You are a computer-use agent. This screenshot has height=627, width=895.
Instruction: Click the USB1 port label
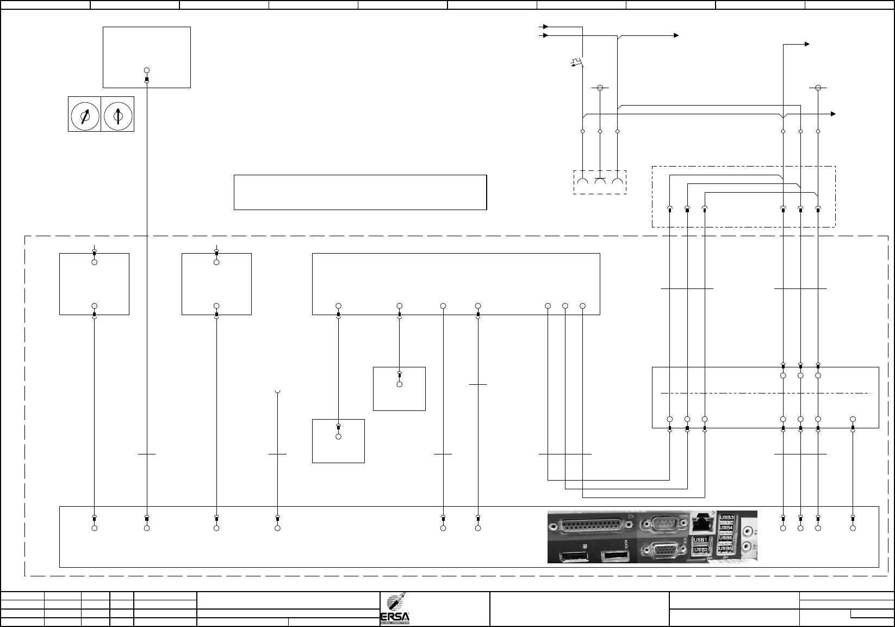point(700,540)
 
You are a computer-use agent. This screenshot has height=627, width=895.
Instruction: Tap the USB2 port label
point(700,550)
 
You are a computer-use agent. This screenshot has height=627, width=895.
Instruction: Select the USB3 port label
point(727,518)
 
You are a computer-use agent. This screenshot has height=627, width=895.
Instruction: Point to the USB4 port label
point(727,527)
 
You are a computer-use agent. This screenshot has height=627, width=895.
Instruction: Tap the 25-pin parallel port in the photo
point(592,526)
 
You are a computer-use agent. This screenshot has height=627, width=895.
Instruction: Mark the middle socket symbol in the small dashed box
point(600,182)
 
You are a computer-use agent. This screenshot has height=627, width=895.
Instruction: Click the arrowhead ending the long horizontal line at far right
point(833,114)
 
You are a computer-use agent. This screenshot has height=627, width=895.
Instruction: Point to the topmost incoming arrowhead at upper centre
point(545,26)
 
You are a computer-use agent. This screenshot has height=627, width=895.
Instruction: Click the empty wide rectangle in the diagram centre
point(359,192)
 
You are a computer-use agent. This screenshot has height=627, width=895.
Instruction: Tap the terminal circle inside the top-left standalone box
point(147,71)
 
